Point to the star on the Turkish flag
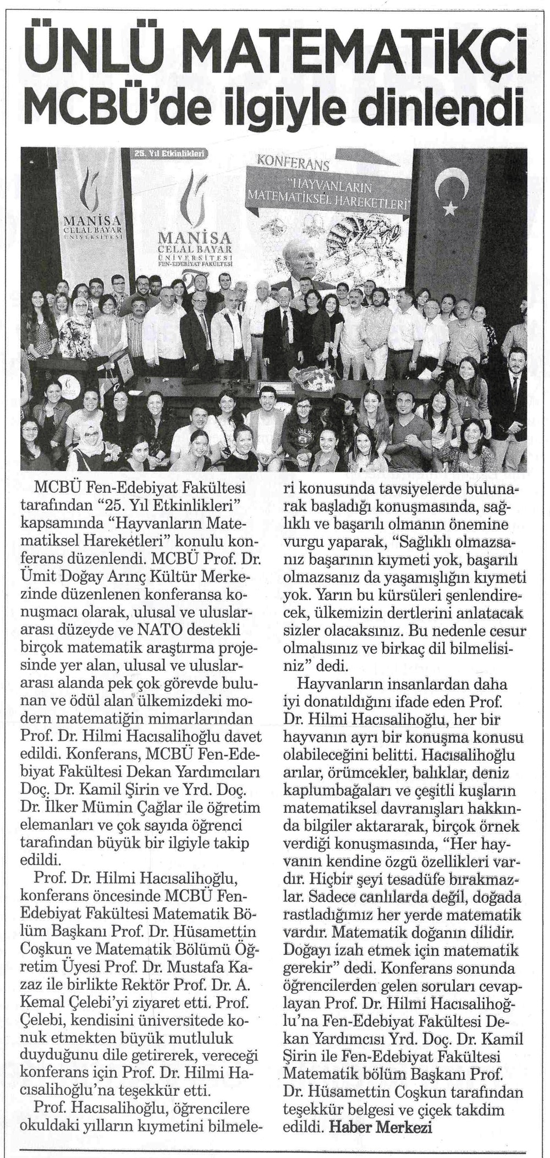(449, 207)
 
